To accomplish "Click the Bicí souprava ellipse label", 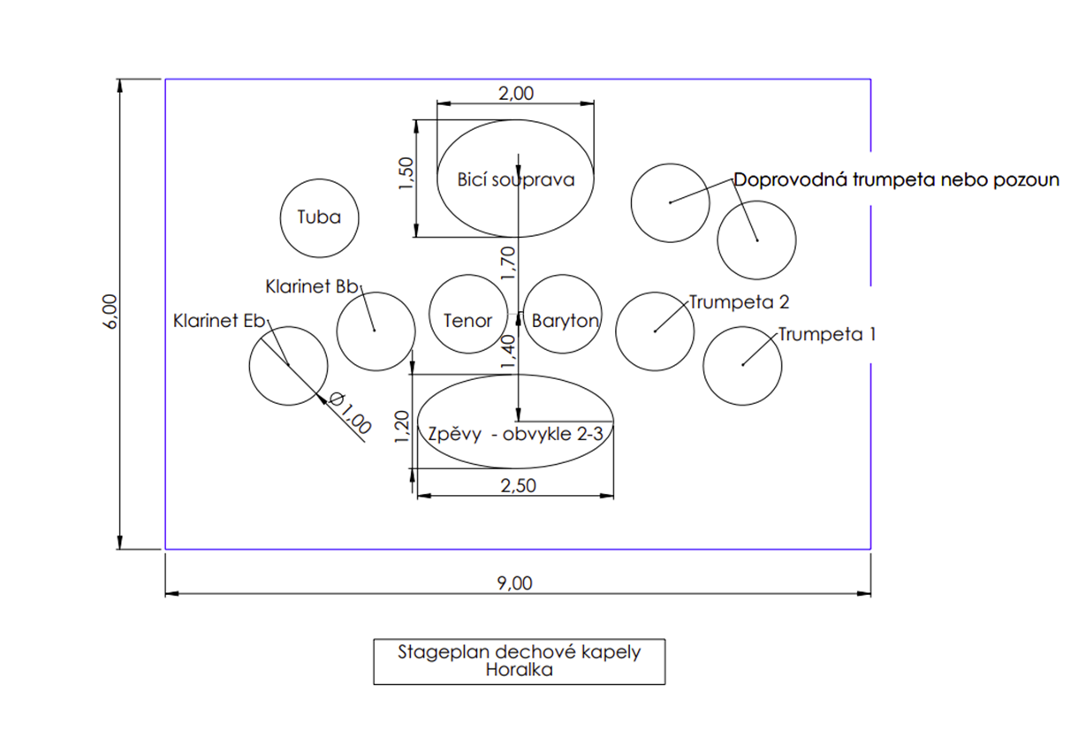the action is [516, 180].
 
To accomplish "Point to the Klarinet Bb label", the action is [312, 287].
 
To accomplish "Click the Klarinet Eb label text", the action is [219, 321].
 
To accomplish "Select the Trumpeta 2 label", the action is [740, 302].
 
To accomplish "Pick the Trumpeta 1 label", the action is [827, 335].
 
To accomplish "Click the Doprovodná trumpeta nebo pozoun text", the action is [896, 180].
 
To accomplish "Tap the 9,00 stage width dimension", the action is [514, 583].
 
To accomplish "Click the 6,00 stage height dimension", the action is [110, 312].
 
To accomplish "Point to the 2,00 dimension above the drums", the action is [516, 94].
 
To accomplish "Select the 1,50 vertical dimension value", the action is [406, 173].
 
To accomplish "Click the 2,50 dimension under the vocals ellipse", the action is [519, 486].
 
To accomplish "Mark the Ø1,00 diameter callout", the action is [350, 413].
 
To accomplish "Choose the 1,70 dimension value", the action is [508, 263].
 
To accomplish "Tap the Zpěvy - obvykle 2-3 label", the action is [515, 435].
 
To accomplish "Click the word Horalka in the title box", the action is [520, 670].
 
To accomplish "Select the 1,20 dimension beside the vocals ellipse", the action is [402, 427].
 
